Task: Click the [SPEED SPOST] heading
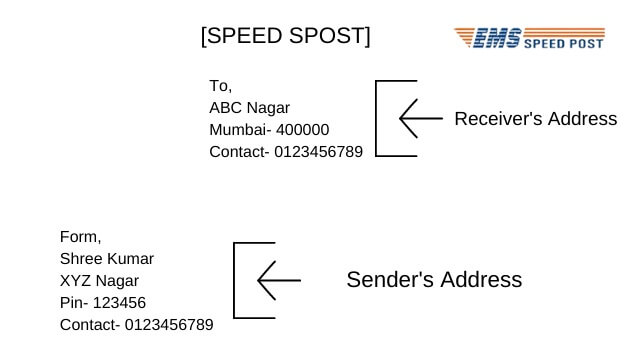point(285,36)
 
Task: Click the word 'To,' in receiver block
point(220,85)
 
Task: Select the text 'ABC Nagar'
point(249,107)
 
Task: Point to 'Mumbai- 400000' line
point(269,129)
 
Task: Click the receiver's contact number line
point(286,152)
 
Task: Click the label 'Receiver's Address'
point(535,119)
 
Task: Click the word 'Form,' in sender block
point(80,237)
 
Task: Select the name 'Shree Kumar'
point(107,259)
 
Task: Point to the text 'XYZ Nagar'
point(99,281)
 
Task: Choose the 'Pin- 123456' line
point(103,303)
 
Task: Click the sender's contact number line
point(137,325)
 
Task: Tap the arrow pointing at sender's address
point(278,281)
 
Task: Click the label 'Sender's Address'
point(434,280)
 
